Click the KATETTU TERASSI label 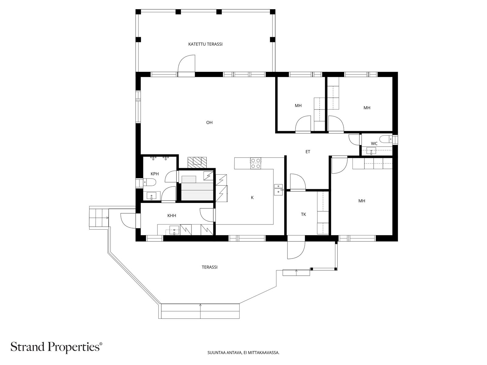[x=205, y=44]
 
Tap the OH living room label [x=209, y=122]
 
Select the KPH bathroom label [x=155, y=174]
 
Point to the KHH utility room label [x=172, y=215]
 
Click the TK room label [x=303, y=214]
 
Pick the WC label [x=374, y=144]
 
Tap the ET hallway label [x=308, y=152]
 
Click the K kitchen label [x=252, y=197]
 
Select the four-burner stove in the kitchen [x=256, y=163]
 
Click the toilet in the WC [x=386, y=139]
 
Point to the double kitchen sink [x=279, y=190]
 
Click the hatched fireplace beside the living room [x=197, y=163]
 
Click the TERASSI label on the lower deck [x=209, y=267]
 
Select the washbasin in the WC [x=371, y=151]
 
